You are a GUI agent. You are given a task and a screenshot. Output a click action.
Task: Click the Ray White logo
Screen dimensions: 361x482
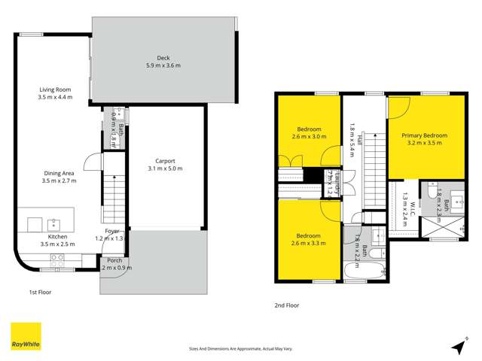[x=25, y=336]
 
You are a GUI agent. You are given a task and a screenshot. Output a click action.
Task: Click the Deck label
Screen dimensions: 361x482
[x=163, y=57]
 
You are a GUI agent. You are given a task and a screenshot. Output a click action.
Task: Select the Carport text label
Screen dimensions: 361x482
[x=165, y=160]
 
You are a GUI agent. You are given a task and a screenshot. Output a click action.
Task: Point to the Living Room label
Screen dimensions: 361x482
[x=54, y=89]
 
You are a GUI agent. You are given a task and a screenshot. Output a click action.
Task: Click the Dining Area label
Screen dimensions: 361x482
[x=58, y=173]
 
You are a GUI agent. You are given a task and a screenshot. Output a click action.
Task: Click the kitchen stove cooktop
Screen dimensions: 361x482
[x=57, y=258]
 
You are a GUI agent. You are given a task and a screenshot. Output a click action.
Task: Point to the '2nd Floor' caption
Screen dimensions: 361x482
[x=287, y=305]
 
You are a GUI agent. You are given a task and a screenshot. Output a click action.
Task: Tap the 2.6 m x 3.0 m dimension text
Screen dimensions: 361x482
[x=309, y=137]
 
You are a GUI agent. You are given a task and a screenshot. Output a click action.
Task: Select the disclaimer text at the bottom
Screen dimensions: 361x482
[x=239, y=349]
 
